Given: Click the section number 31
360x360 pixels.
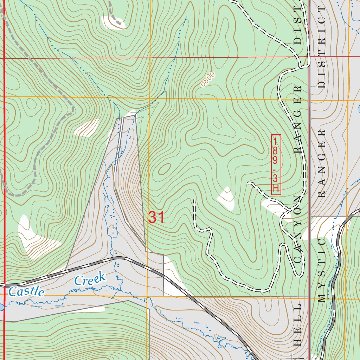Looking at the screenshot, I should click(156, 218).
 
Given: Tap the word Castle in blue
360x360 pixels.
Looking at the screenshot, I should click(27, 291).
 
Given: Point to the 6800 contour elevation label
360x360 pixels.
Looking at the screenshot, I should click(207, 80).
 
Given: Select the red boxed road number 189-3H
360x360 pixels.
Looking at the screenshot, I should click(276, 164).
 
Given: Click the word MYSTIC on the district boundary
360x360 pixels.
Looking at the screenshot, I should click(322, 271).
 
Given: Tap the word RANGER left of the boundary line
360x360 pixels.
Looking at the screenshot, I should click(298, 120).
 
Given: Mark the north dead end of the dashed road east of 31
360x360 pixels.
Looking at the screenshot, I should click(194, 200).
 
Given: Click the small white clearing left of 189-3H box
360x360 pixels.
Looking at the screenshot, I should click(226, 199).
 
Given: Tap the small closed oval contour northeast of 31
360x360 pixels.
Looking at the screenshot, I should click(164, 169).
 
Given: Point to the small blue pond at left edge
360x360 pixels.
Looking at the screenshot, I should click(1, 307).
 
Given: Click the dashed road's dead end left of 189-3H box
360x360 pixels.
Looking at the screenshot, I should click(249, 183).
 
